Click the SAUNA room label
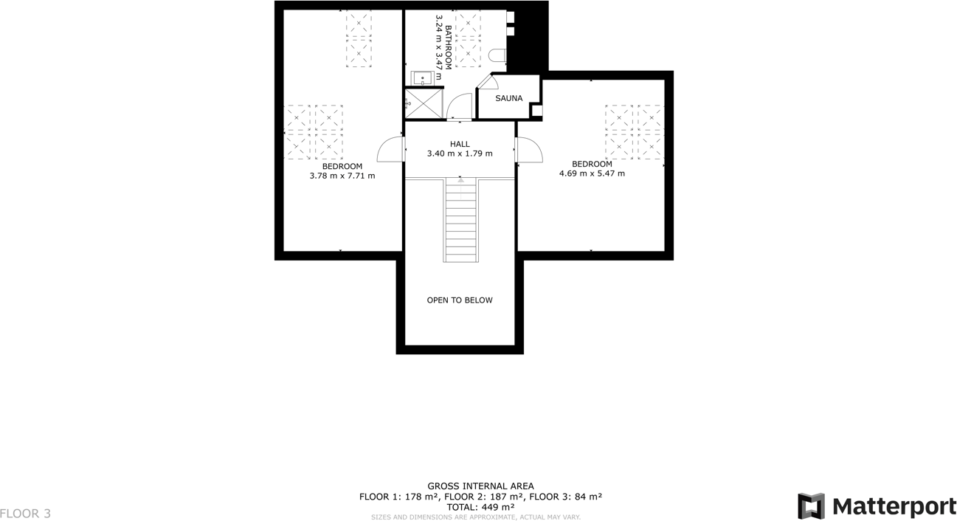[x=509, y=98]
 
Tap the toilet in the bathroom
[x=498, y=56]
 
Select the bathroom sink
[x=422, y=77]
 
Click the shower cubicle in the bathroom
[x=424, y=103]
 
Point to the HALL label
[x=460, y=144]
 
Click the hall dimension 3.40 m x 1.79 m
[x=460, y=153]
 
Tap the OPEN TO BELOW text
[x=460, y=300]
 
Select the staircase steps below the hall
[x=460, y=221]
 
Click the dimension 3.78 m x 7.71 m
[x=342, y=176]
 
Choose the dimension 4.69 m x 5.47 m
[x=592, y=173]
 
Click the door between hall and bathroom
[x=459, y=107]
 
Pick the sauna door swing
[x=488, y=80]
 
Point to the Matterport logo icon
[x=811, y=506]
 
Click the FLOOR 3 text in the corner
[x=26, y=513]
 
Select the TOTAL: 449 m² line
[x=480, y=507]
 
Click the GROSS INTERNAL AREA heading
[x=480, y=486]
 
